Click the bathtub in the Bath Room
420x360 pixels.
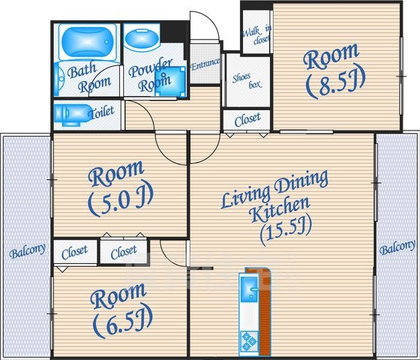[x=88, y=41]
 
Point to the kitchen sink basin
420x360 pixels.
[x=249, y=289]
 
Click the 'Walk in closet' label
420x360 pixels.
[x=257, y=34]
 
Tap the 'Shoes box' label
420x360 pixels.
[x=247, y=81]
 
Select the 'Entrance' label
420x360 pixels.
[x=205, y=64]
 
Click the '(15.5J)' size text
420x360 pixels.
[x=286, y=231]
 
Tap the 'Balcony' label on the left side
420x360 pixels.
[x=27, y=250]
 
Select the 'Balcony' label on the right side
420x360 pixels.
[x=397, y=247]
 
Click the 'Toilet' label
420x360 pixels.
[x=101, y=112]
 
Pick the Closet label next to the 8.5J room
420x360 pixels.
[x=247, y=119]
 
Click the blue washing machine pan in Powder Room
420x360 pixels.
[x=170, y=82]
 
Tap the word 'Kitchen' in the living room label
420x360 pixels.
[x=279, y=209]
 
